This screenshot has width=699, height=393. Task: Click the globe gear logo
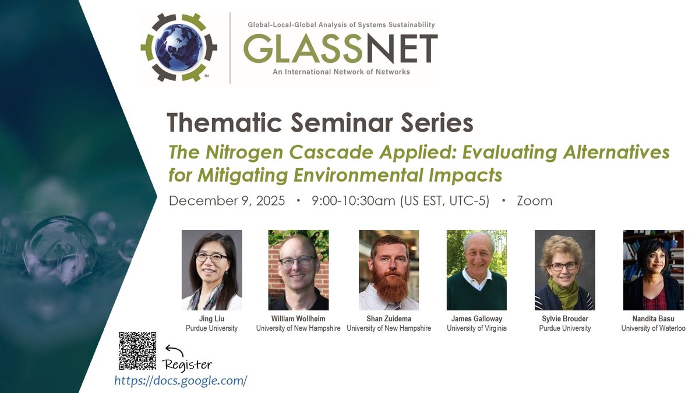coord(179,47)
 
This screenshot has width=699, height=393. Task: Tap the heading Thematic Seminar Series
coord(320,123)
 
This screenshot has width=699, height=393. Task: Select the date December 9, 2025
coord(227,201)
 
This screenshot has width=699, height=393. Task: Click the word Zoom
coord(534,201)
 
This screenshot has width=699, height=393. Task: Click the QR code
coord(137,350)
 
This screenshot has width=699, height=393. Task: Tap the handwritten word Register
coord(188,365)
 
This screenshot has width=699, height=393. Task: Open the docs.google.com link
coord(181,381)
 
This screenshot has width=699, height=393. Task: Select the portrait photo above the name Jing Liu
coord(211,270)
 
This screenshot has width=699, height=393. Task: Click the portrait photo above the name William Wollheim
coord(298,270)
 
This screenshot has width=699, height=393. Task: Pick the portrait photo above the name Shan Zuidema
coord(389,270)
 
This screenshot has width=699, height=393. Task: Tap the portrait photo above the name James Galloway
coord(476,270)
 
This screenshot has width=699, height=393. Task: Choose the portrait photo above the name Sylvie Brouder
coord(564,270)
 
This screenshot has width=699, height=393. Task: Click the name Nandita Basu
coord(653,318)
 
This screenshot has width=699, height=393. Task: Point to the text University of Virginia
coord(476,328)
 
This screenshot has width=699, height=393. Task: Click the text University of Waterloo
coord(653,328)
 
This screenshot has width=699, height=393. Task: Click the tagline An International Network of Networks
coord(341,72)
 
